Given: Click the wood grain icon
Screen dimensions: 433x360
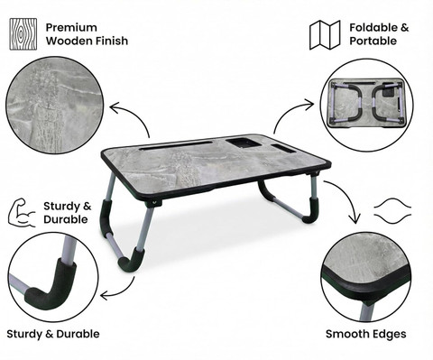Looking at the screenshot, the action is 23,34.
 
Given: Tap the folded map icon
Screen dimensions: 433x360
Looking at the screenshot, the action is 325,34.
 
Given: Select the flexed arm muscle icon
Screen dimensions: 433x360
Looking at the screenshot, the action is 22,212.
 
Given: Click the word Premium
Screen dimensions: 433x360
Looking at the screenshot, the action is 71,28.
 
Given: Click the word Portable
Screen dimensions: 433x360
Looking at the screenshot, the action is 373,41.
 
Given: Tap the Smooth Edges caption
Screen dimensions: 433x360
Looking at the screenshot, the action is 366,334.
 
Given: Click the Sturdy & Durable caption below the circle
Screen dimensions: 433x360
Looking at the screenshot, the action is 53,334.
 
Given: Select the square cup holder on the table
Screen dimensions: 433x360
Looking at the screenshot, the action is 244,143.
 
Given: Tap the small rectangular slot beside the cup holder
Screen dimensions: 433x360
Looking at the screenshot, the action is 283,148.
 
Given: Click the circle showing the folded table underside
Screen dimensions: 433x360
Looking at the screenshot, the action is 366,105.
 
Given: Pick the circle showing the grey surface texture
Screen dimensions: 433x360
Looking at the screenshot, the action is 54,105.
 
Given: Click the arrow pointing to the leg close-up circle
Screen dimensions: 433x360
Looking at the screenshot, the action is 122,292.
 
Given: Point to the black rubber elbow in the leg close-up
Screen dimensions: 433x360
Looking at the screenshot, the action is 48,286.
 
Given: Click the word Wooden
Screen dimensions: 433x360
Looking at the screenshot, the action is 69,41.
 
